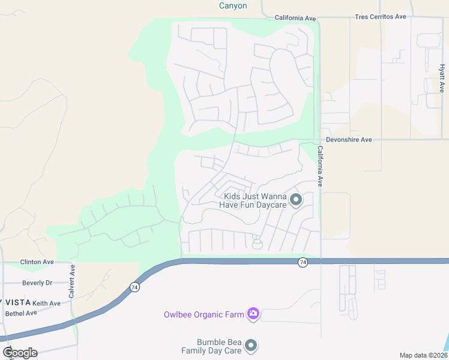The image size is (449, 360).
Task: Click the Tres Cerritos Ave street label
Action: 381,17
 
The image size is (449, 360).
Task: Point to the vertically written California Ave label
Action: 321,166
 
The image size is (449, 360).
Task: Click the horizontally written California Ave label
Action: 295,18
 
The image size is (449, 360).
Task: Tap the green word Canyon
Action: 232,5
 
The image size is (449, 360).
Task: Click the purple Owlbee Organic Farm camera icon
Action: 253,313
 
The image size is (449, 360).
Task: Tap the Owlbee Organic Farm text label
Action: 205,314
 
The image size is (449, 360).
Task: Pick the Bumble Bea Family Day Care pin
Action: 252,346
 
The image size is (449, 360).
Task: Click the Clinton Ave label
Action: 37,262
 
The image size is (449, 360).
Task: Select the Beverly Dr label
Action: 37,283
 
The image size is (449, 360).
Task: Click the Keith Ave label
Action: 47,304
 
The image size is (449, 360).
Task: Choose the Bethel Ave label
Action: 21,314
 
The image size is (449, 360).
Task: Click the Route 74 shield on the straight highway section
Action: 303,263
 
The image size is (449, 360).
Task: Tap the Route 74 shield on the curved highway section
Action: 134,288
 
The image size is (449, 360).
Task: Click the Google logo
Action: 20,353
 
